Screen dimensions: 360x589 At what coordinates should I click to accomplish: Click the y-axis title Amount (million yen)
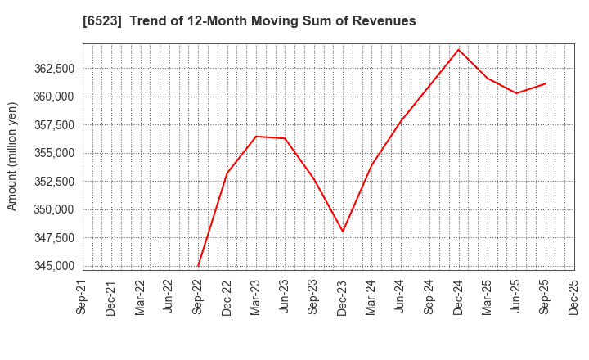tap(12, 156)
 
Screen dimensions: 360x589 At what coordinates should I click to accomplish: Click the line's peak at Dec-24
tap(459, 49)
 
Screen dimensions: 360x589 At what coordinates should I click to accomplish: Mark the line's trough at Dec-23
tap(343, 232)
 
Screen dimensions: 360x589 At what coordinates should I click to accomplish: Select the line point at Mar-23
tap(256, 136)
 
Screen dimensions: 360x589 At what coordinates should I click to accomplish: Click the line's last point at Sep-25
tap(546, 83)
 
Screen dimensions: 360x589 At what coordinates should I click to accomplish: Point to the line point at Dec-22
tap(227, 173)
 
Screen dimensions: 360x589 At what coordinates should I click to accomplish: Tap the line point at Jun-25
tap(516, 93)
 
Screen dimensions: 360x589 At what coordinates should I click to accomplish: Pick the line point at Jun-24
tap(401, 122)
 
